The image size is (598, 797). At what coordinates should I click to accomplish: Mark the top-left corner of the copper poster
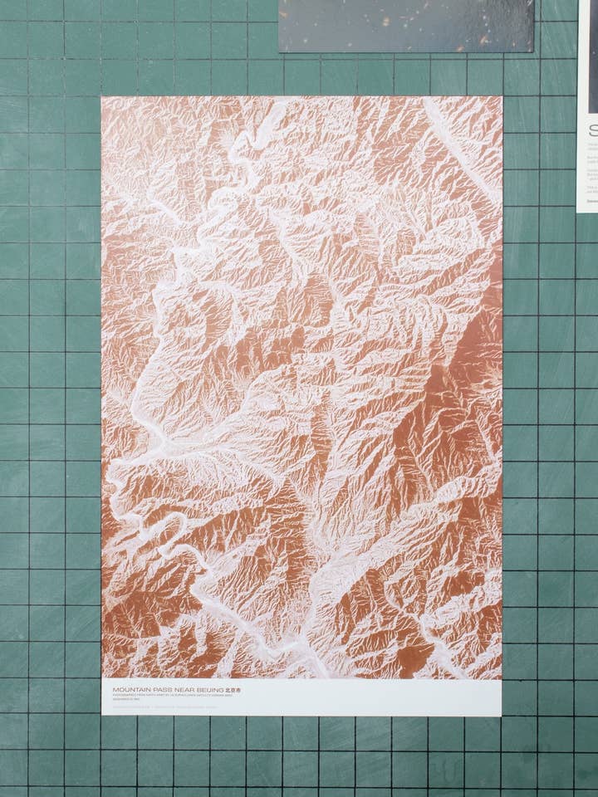point(102,98)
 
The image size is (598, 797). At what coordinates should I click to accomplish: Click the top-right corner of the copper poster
point(501,96)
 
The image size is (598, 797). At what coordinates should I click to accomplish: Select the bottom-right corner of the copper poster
point(501,716)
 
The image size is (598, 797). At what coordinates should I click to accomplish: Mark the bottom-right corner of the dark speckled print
point(533,51)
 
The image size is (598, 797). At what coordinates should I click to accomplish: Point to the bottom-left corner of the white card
point(579,211)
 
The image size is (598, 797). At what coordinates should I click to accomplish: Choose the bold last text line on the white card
point(591,200)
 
